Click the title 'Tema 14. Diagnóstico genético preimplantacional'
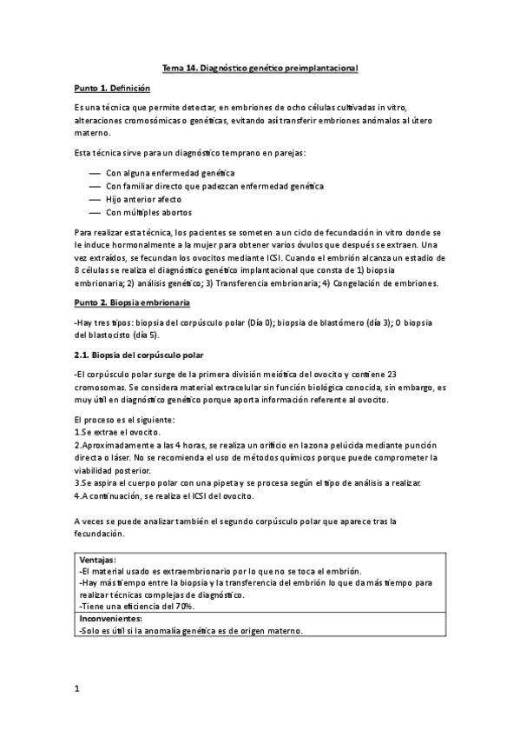pyautogui.click(x=260, y=67)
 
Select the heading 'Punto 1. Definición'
pyautogui.click(x=113, y=89)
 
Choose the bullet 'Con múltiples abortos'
pyautogui.click(x=148, y=212)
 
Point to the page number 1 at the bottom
pyautogui.click(x=77, y=689)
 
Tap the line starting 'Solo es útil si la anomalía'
pyautogui.click(x=191, y=631)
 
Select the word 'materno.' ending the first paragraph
pyautogui.click(x=94, y=133)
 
